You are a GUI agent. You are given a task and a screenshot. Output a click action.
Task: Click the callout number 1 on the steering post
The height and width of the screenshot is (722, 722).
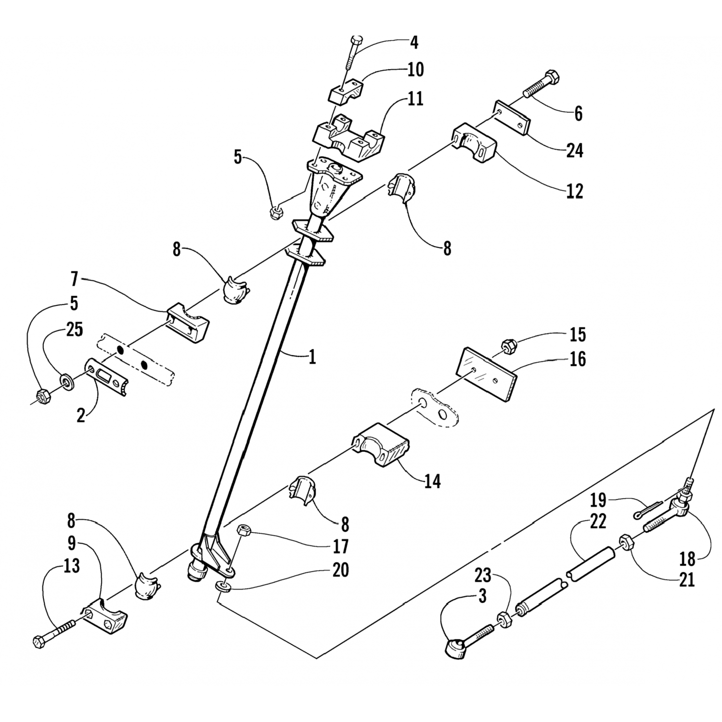(312, 357)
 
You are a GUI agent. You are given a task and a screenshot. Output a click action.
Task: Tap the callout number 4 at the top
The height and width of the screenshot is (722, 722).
(413, 42)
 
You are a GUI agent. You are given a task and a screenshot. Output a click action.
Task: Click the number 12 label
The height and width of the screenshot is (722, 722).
(575, 191)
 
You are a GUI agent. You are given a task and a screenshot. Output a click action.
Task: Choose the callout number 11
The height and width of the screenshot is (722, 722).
(414, 99)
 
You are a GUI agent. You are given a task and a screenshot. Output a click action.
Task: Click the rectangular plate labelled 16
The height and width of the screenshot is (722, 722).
(486, 374)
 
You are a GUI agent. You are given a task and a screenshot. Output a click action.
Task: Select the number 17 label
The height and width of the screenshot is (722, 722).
(340, 546)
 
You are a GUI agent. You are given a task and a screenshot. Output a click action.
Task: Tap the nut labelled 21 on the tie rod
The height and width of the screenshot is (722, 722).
(627, 543)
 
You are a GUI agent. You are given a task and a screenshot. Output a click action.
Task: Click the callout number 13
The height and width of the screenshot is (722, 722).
(71, 566)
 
